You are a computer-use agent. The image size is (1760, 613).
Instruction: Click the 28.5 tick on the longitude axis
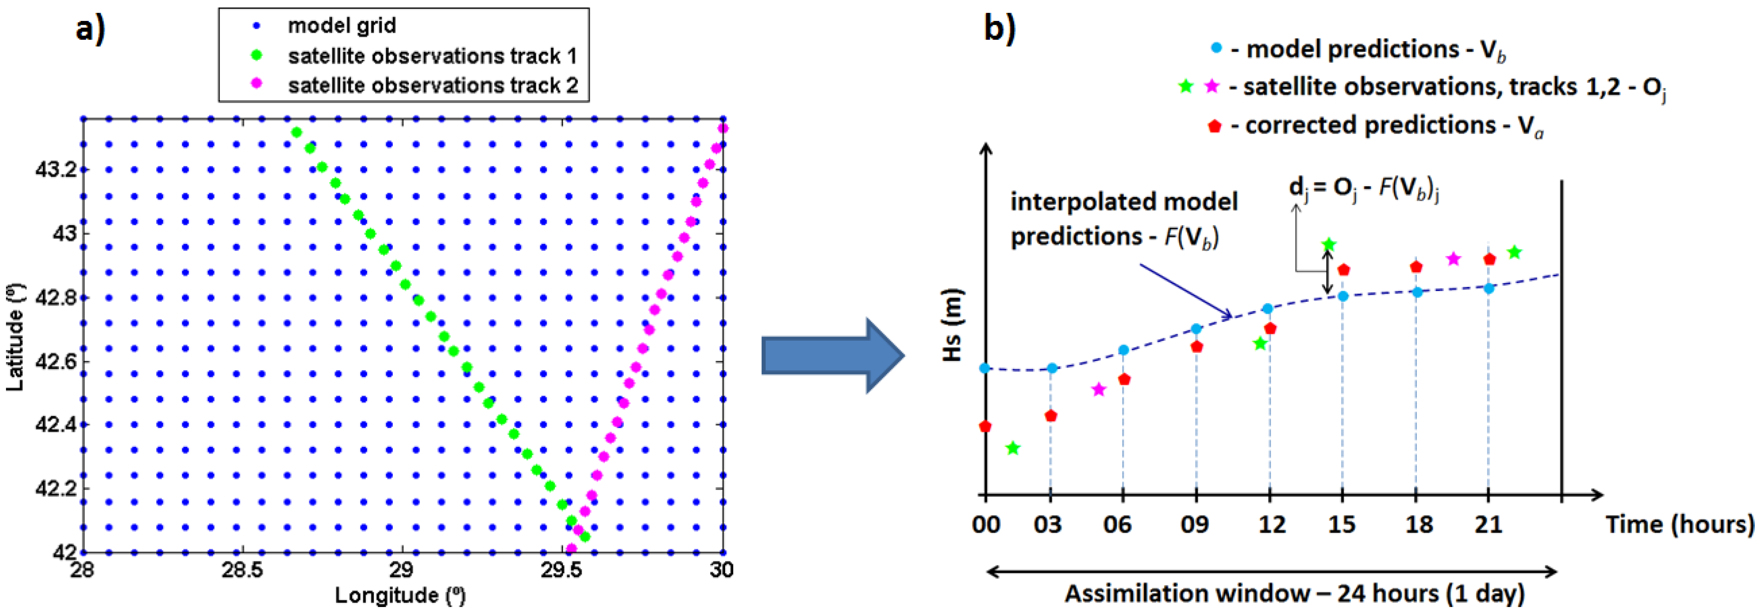pyautogui.click(x=243, y=570)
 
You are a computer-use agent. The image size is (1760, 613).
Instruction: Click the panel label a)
pyautogui.click(x=91, y=30)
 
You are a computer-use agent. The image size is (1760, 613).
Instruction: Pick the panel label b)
pyautogui.click(x=999, y=30)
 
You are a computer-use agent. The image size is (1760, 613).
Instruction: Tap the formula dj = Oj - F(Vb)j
pyautogui.click(x=1364, y=189)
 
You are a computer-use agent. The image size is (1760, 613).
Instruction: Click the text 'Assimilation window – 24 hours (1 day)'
pyautogui.click(x=1294, y=593)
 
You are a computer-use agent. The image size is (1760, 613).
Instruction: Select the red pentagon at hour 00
pyautogui.click(x=984, y=426)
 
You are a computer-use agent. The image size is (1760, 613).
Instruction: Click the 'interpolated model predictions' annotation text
pyautogui.click(x=1124, y=219)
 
